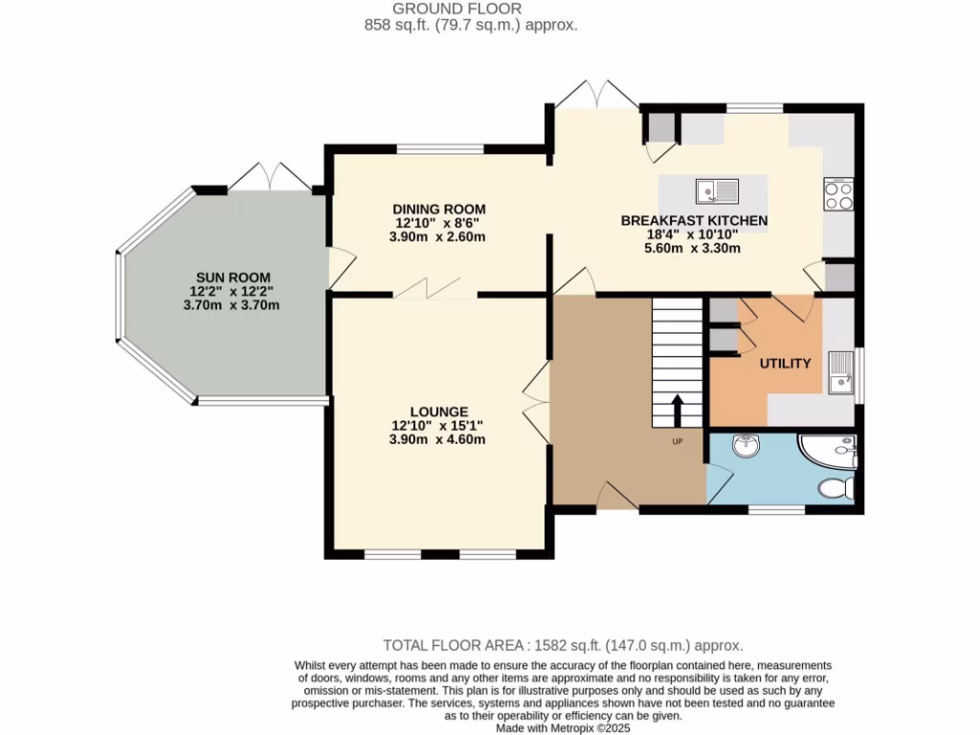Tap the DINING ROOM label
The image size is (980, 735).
point(439,210)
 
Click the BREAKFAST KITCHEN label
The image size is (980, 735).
point(694,220)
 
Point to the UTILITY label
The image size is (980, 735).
point(785,364)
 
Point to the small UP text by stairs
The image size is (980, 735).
point(677,442)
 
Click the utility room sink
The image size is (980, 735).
point(841,373)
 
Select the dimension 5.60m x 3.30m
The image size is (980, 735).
point(694,248)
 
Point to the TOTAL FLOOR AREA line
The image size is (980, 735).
point(563,645)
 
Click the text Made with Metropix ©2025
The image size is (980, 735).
point(563,728)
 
